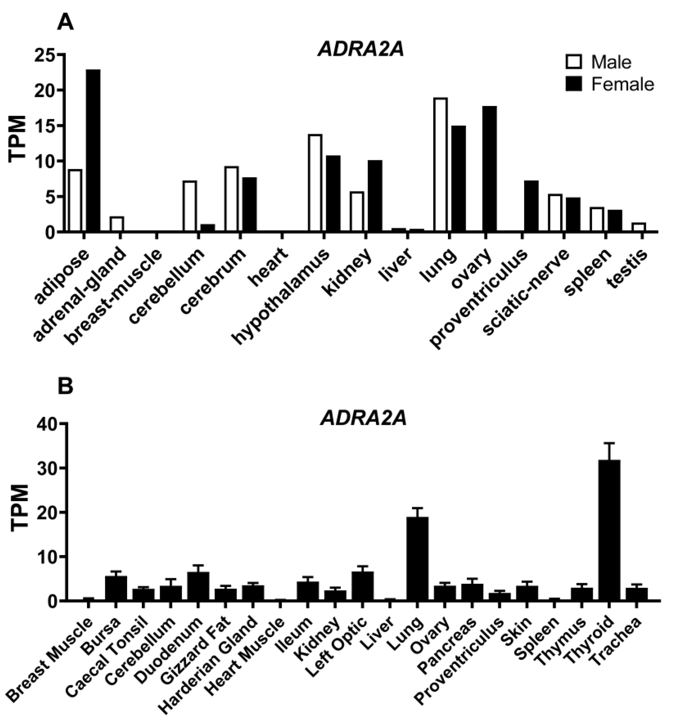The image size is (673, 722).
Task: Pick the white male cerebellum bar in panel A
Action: [x=190, y=206]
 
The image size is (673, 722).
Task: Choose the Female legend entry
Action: [x=609, y=84]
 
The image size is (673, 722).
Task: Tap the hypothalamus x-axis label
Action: [x=282, y=298]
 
